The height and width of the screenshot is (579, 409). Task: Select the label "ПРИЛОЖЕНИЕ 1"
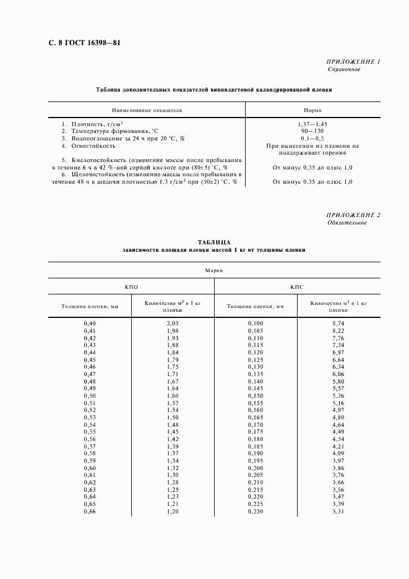[x=353, y=62]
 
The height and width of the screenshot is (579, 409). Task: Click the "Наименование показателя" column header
[x=147, y=109]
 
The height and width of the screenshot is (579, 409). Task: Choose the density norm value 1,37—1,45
[x=312, y=124]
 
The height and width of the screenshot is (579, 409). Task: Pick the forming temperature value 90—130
[x=312, y=132]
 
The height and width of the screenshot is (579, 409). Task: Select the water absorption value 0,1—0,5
[x=312, y=139]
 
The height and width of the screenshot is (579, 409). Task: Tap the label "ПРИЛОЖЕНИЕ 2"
[x=353, y=215]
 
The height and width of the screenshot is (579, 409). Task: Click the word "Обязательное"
[x=347, y=223]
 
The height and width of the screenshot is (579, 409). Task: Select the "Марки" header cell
[x=213, y=270]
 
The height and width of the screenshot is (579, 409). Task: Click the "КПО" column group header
[x=131, y=287]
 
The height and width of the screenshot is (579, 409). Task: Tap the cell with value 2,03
[x=173, y=324]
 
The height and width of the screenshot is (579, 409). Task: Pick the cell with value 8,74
[x=337, y=324]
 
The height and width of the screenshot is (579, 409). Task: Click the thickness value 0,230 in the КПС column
[x=255, y=512]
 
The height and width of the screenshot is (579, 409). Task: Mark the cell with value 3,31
[x=337, y=512]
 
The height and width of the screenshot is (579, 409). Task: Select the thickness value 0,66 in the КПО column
[x=90, y=512]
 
